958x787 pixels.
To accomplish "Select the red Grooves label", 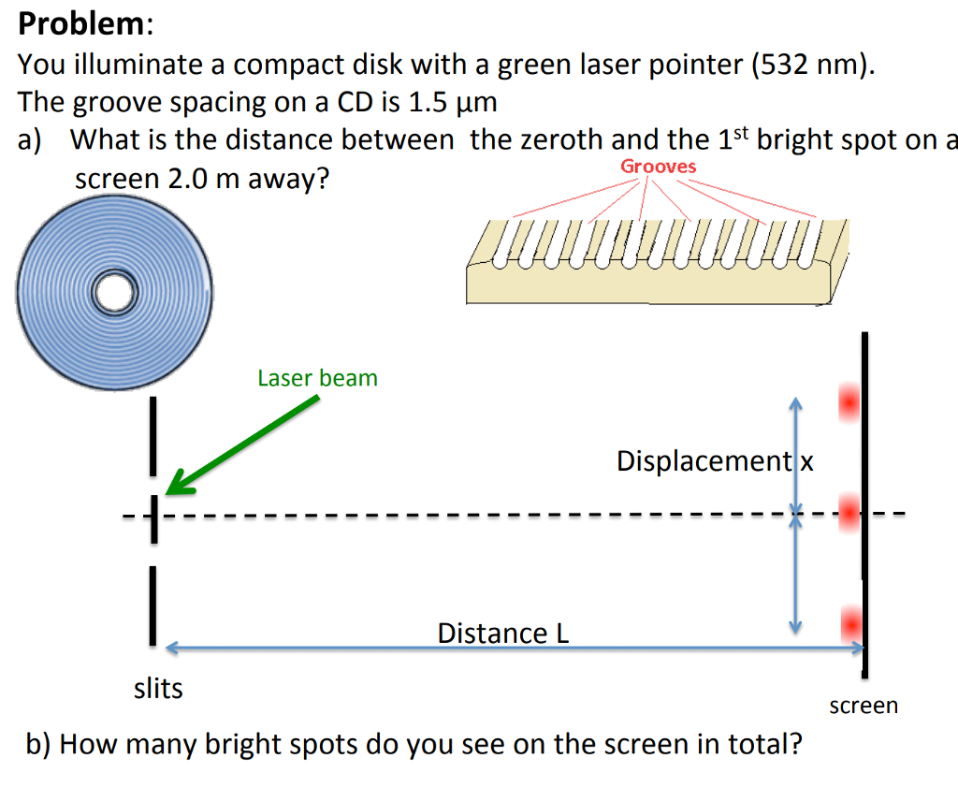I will coord(659,167).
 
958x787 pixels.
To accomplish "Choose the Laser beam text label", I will coord(317,378).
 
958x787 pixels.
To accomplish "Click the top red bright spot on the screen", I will coord(849,402).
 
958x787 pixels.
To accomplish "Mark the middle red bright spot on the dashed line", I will coord(849,512).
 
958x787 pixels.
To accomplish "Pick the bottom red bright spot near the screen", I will coord(850,622).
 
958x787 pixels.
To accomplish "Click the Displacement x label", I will coord(715,461).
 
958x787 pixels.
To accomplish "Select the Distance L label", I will coord(502,634).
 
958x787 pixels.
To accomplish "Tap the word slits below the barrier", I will coord(158,690).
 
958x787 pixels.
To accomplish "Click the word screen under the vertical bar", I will coord(863,706).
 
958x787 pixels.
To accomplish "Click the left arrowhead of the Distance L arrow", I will coord(171,646).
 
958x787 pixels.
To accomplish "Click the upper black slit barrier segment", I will coord(150,435).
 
